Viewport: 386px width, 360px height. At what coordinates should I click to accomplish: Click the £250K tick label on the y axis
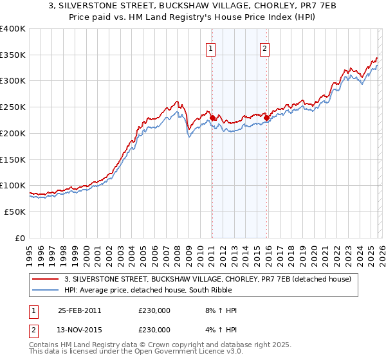coord(12,107)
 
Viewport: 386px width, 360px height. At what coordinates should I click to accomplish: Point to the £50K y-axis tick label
coord(14,212)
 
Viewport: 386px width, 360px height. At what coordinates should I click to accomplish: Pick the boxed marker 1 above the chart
coord(211,47)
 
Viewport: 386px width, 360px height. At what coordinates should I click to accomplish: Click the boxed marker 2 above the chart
coord(265,47)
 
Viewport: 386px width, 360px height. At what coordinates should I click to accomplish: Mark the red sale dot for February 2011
coord(212,118)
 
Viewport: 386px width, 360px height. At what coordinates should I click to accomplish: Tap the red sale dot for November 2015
coord(266,118)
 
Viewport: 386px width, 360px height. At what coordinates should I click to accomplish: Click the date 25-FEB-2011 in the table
coord(79,310)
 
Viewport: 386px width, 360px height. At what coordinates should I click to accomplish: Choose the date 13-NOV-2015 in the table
coord(79,329)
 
